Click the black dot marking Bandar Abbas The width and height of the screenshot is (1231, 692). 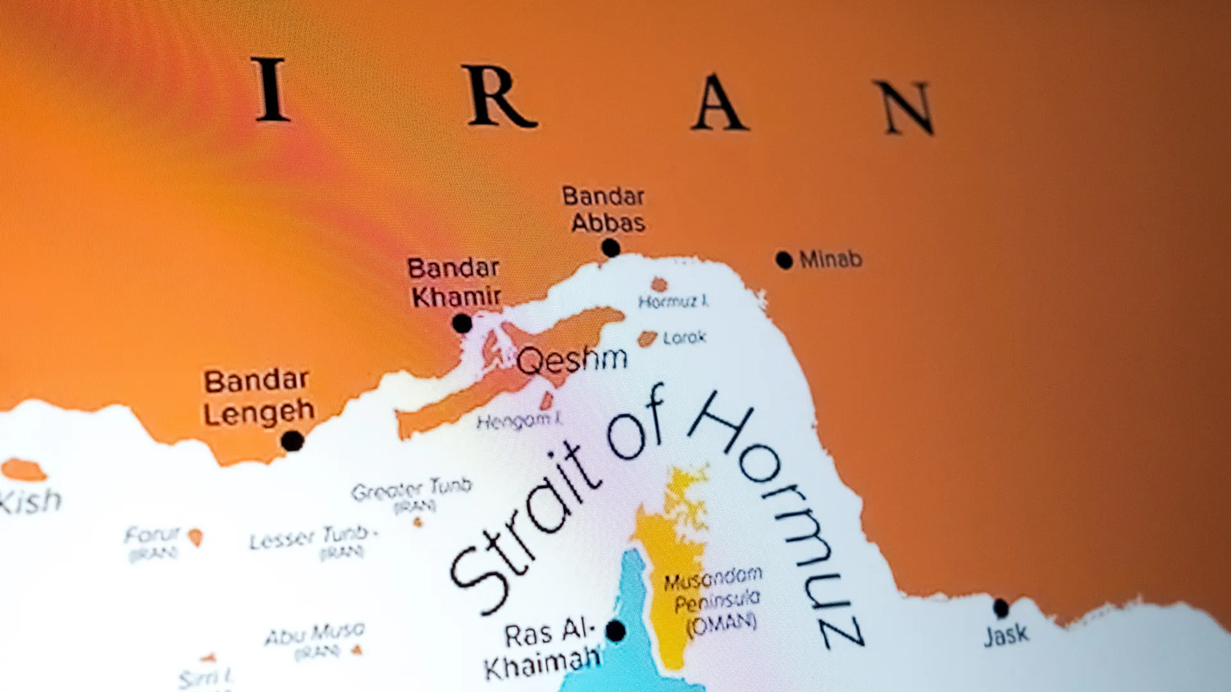(x=610, y=247)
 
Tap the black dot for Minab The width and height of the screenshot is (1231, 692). (x=783, y=259)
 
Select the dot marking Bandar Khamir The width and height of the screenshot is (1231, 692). (x=462, y=324)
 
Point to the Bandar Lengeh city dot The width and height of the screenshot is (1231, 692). (x=292, y=441)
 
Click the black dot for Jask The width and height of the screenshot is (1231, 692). (x=1001, y=607)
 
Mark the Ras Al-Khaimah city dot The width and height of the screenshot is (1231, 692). (x=615, y=631)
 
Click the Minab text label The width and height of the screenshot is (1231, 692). (x=831, y=259)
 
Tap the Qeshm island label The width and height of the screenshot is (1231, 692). (x=571, y=361)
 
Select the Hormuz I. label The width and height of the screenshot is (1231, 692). (x=673, y=301)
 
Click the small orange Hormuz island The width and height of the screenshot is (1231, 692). (x=659, y=284)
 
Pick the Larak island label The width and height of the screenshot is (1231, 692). (x=684, y=338)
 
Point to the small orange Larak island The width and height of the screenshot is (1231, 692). (x=648, y=338)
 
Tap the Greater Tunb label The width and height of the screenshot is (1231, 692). (x=412, y=490)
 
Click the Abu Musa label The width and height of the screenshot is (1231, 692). (x=315, y=634)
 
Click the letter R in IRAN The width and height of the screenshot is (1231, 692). (x=500, y=96)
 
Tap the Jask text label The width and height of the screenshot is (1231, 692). (x=1006, y=635)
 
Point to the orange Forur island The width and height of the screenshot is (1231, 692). (x=196, y=537)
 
